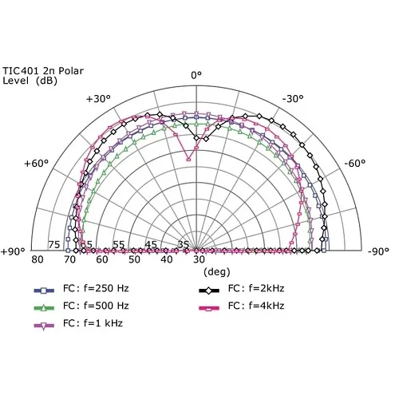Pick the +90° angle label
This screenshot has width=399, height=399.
click(x=14, y=252)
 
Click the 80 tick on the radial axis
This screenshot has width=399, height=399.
click(x=37, y=260)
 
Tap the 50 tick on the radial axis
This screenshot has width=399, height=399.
click(x=134, y=260)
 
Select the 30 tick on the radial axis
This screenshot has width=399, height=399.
click(x=198, y=260)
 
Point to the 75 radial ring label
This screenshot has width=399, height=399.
click(x=54, y=245)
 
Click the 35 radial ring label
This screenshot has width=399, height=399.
click(x=183, y=245)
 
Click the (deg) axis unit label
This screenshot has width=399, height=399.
click(x=195, y=271)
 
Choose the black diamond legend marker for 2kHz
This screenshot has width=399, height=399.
click(x=209, y=289)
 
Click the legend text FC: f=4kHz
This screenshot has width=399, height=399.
click(x=256, y=306)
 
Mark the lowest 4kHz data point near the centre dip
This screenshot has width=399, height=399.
click(x=188, y=159)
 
